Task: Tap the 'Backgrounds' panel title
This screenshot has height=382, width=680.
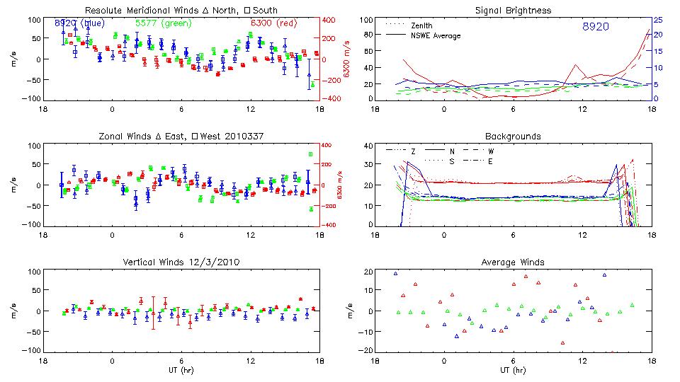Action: click(513, 136)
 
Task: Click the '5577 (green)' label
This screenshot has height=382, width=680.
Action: click(162, 23)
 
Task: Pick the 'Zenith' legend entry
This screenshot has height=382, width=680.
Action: click(422, 25)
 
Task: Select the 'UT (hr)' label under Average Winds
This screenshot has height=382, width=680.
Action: click(514, 369)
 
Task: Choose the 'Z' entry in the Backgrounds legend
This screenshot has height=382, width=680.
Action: click(413, 151)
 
